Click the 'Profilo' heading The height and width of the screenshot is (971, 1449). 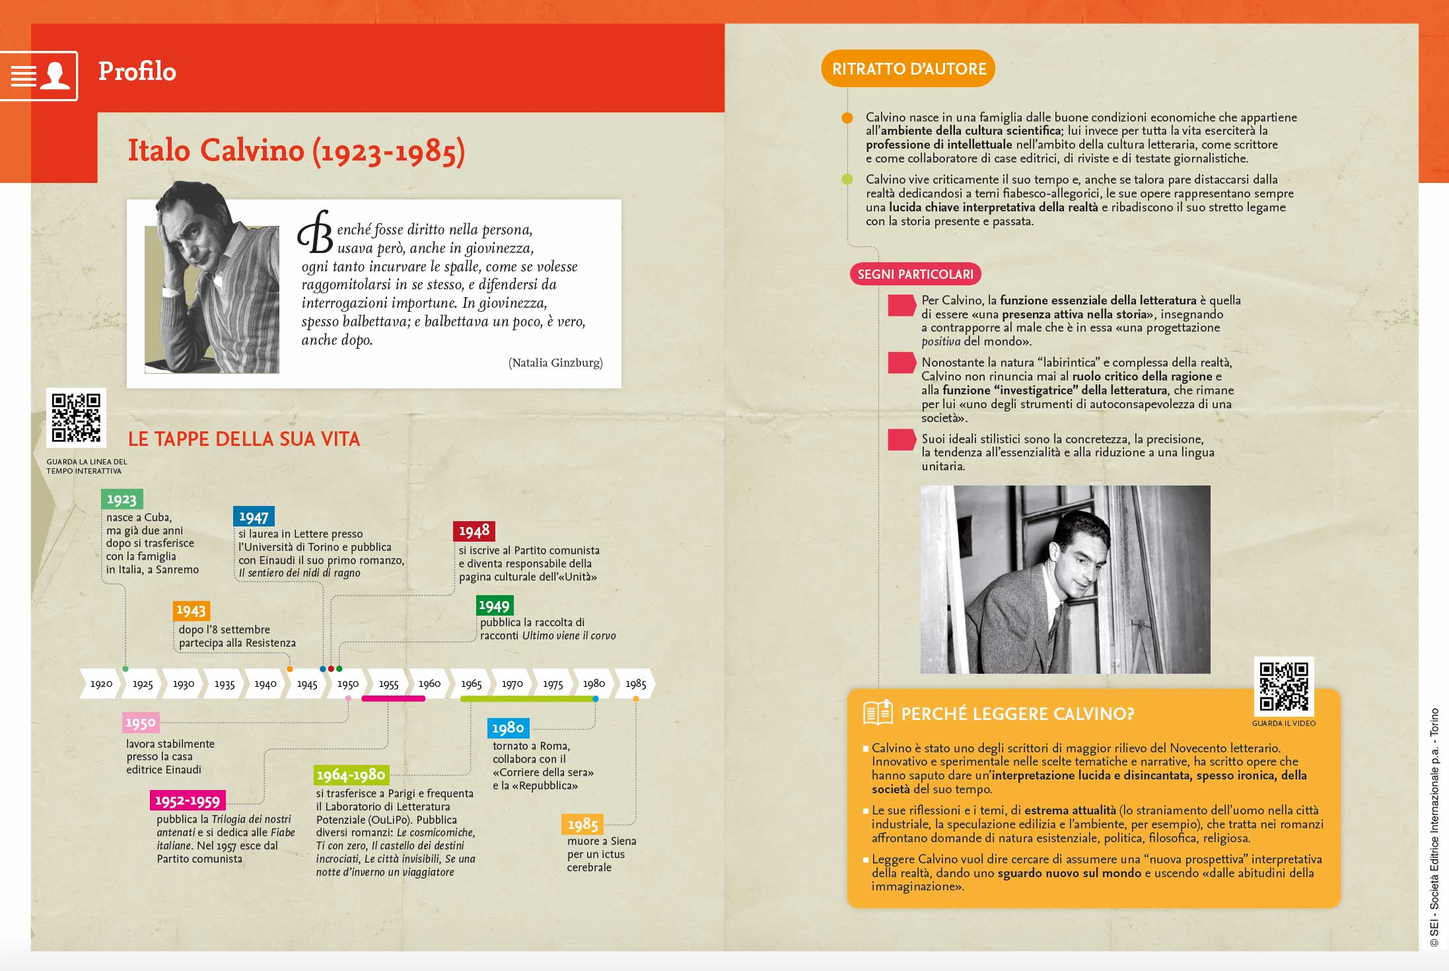[137, 71]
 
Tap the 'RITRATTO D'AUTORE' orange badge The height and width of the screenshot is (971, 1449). [908, 69]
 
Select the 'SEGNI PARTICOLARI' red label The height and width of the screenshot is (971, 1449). [915, 274]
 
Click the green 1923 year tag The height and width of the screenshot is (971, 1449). [122, 499]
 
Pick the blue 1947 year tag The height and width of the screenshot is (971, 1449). [254, 517]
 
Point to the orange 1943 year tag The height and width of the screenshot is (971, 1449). [191, 610]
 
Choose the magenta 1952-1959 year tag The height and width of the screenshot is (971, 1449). [188, 801]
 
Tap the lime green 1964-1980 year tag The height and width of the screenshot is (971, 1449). [351, 775]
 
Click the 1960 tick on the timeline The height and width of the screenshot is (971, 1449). [429, 684]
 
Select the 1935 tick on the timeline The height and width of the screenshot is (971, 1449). [225, 684]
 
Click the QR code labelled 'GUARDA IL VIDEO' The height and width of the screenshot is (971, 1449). [1283, 686]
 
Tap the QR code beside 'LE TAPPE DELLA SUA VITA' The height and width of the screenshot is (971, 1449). [76, 417]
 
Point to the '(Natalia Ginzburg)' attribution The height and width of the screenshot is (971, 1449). [555, 363]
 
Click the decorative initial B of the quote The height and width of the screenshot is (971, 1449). [316, 233]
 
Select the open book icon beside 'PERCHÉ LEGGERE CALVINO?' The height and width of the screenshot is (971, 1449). [878, 713]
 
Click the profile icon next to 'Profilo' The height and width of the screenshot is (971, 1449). [54, 76]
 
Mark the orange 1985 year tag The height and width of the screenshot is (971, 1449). [583, 824]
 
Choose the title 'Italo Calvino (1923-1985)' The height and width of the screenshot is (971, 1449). [297, 151]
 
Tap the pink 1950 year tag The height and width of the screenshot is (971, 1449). [141, 723]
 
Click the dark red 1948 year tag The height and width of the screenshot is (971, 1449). [474, 531]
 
